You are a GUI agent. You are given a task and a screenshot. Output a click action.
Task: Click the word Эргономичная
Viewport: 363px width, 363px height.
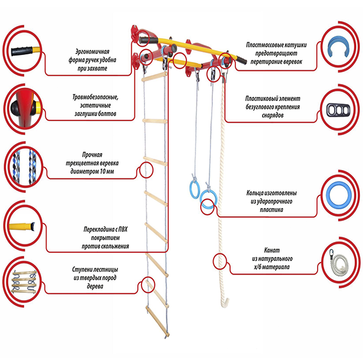pyautogui.click(x=92, y=51)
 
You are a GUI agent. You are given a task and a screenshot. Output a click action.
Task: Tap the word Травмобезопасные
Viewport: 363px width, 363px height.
pyautogui.click(x=96, y=97)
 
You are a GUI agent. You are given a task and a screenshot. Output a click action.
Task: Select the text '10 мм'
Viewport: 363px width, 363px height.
pyautogui.click(x=106, y=172)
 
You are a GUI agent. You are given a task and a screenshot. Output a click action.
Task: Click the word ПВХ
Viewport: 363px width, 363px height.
pyautogui.click(x=123, y=229)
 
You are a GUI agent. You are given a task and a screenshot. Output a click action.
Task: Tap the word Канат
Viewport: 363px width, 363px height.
pyautogui.click(x=272, y=250)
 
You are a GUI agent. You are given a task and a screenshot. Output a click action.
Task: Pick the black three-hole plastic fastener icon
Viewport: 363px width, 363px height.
pyautogui.click(x=338, y=110)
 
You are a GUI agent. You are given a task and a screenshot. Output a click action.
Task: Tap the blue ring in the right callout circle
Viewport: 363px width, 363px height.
pyautogui.click(x=339, y=194)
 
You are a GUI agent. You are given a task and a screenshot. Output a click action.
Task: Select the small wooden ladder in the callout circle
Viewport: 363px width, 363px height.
pyautogui.click(x=24, y=282)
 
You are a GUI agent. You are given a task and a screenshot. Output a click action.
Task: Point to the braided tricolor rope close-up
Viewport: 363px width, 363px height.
pyautogui.click(x=24, y=167)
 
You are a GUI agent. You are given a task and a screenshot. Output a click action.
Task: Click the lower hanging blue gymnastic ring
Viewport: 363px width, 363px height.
pyautogui.click(x=209, y=198)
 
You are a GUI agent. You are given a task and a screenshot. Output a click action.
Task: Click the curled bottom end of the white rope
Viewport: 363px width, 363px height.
pyautogui.click(x=225, y=303)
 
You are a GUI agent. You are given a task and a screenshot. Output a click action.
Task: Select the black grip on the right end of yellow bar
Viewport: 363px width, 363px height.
pyautogui.click(x=241, y=60)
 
